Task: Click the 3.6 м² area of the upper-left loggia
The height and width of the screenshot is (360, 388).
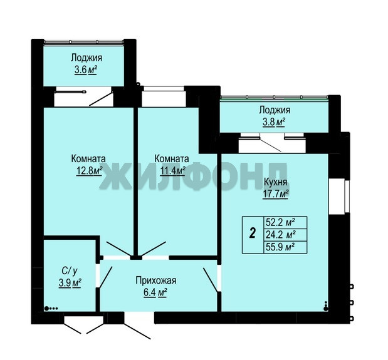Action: [86, 70]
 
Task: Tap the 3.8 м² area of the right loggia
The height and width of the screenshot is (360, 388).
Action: [274, 122]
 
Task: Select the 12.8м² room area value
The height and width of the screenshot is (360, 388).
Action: [90, 171]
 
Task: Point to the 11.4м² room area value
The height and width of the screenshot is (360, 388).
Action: [172, 171]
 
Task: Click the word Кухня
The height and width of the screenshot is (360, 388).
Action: [276, 182]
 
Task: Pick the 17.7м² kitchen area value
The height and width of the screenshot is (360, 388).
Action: [276, 194]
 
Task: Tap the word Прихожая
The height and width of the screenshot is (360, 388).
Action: [156, 280]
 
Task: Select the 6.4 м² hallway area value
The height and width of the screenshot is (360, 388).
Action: [155, 292]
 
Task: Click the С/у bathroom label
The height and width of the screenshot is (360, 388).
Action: [70, 271]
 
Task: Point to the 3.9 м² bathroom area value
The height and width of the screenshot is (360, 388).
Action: [70, 283]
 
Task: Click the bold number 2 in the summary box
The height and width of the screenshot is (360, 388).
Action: [253, 233]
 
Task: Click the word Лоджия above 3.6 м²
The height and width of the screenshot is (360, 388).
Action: [87, 58]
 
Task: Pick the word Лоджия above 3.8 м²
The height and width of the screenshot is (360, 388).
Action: [275, 110]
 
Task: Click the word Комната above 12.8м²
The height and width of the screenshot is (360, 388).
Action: [88, 158]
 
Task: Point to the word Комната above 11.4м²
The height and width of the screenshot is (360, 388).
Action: [172, 158]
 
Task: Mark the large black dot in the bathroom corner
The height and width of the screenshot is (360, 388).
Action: [46, 308]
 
